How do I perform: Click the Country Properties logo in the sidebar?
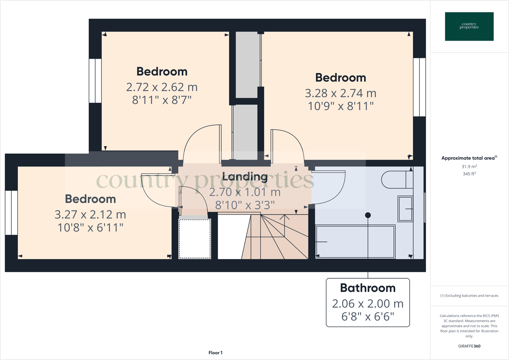(469, 26)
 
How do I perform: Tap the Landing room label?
(245, 176)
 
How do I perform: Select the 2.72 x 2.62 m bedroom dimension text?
(162, 87)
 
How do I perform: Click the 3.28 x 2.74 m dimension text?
(340, 93)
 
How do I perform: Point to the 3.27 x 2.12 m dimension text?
(90, 215)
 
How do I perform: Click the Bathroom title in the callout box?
(368, 288)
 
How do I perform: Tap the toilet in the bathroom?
(396, 180)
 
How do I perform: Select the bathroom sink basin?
(405, 209)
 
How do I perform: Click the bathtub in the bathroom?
(355, 242)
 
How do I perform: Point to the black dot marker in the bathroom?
(368, 215)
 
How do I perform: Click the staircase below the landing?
(275, 237)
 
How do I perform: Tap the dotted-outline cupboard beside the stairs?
(195, 239)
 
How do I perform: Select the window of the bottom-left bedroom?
(11, 213)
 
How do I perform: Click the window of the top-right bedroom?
(419, 87)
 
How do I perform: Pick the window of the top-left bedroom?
(95, 81)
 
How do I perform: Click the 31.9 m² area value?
(469, 167)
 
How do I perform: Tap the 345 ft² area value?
(469, 174)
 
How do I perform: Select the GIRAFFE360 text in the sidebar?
(469, 346)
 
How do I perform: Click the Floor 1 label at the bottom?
(215, 353)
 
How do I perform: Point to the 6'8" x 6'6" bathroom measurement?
(368, 317)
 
